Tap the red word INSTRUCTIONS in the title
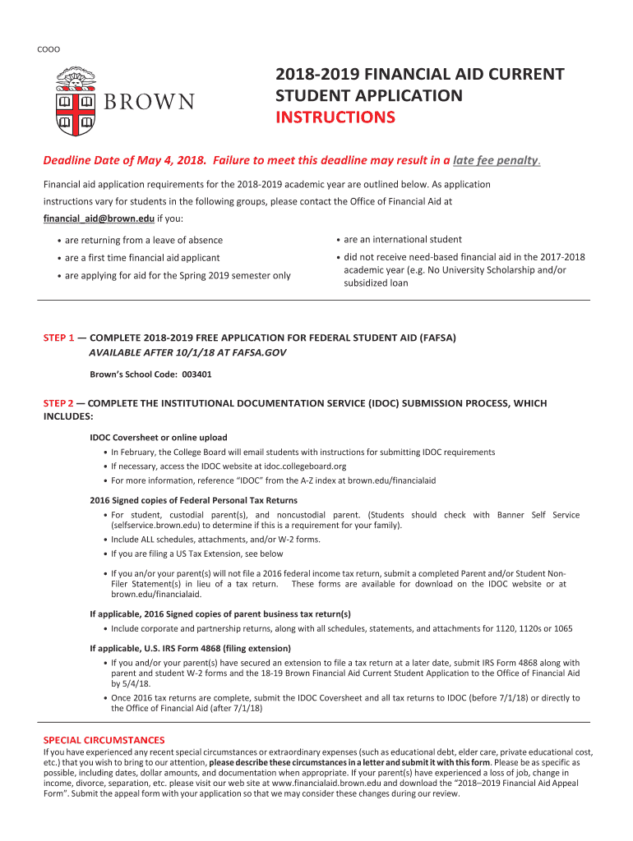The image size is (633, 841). point(335,117)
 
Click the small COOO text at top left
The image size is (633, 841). point(49,49)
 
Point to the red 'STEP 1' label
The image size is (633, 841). point(58,338)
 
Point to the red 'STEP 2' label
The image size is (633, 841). point(58,403)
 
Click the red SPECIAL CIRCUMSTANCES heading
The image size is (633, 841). point(104,740)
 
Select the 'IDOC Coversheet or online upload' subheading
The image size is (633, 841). point(159,437)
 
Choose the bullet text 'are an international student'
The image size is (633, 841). point(403,240)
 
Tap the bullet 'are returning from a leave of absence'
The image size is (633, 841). point(144,241)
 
